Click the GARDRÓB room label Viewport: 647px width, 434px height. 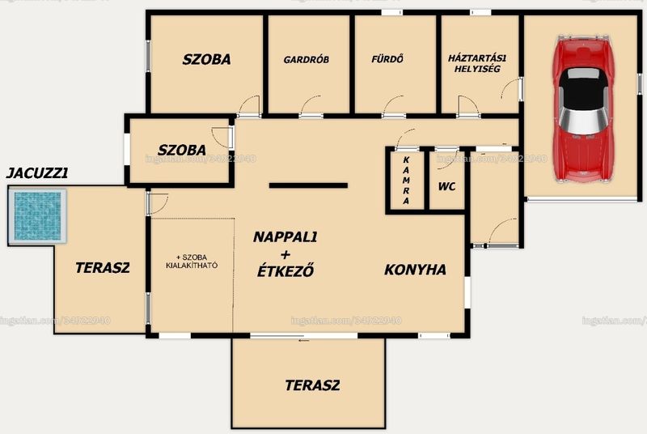tap(307, 59)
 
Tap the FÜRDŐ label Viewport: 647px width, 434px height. tap(387, 59)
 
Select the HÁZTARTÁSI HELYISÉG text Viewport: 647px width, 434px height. tap(477, 63)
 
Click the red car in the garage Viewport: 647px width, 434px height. tap(582, 109)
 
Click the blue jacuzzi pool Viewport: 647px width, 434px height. tap(37, 216)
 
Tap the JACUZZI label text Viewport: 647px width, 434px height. tap(37, 173)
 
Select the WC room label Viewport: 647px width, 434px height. tap(447, 187)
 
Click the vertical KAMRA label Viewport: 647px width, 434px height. tap(406, 180)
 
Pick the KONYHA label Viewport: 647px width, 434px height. tap(415, 270)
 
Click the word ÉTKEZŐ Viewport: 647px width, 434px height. tap(285, 271)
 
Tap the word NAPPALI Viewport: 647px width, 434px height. tap(285, 237)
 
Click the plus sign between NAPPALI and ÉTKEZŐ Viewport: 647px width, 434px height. tap(285, 254)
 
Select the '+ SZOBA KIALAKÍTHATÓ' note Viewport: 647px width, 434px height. tap(192, 262)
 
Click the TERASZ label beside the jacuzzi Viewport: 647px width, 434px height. tap(103, 267)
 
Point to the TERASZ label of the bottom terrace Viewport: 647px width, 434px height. tap(312, 385)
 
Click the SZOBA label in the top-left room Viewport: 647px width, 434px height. tap(207, 59)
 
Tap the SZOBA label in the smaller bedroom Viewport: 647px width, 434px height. tap(182, 150)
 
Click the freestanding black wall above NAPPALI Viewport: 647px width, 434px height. tap(308, 185)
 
